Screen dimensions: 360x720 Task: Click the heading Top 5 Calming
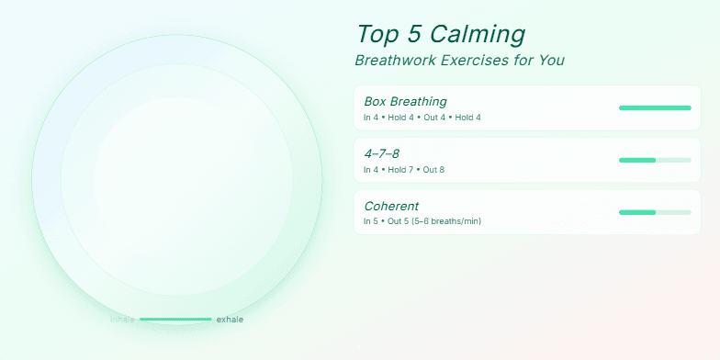click(x=441, y=34)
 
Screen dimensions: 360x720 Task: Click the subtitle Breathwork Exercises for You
click(x=459, y=61)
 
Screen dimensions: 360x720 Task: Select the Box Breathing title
click(x=405, y=101)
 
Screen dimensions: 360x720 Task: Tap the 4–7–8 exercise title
click(x=382, y=153)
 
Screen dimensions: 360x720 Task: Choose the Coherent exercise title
click(x=391, y=206)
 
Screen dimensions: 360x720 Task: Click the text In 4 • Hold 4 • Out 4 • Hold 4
click(x=422, y=118)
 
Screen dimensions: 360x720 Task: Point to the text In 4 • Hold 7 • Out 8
click(x=404, y=170)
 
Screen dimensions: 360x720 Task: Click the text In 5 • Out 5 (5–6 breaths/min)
click(x=422, y=221)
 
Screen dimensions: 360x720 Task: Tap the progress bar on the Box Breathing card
click(x=655, y=108)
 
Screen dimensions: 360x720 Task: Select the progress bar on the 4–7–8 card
click(x=655, y=161)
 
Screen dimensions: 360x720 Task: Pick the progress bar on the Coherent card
click(x=655, y=212)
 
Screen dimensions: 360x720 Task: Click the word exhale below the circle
click(x=230, y=320)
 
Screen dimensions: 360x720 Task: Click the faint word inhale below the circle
click(x=122, y=320)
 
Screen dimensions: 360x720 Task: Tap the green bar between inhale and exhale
click(x=175, y=320)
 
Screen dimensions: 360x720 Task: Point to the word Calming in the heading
click(x=482, y=34)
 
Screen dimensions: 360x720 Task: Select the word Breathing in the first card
click(x=418, y=101)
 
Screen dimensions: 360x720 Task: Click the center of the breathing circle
click(x=177, y=180)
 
